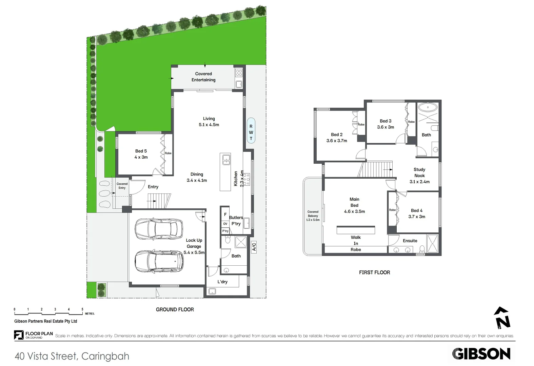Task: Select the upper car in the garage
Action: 159,229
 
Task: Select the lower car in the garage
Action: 159,261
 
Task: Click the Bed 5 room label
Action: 141,151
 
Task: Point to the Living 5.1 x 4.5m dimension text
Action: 209,125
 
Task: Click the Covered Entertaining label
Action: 203,77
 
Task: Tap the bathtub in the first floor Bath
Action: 428,107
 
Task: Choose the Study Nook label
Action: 419,172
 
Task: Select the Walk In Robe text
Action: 356,243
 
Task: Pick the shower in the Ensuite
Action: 433,243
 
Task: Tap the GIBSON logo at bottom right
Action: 481,354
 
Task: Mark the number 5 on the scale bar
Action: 82,309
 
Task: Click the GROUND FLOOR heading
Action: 175,309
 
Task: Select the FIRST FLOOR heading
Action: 374,272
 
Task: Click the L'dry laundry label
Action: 222,282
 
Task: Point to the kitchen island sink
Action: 226,159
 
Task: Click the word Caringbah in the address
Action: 105,356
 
